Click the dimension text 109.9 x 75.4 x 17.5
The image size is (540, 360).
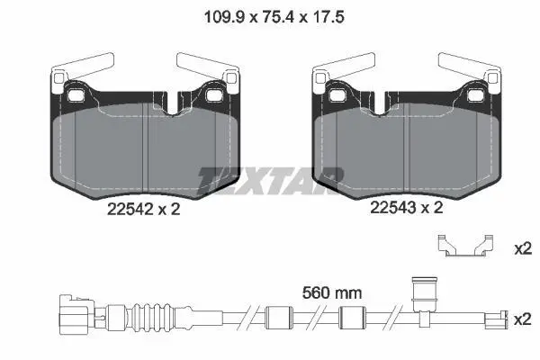pyautogui.click(x=274, y=17)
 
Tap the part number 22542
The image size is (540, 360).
pyautogui.click(x=130, y=209)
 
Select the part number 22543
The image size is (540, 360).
pyautogui.click(x=393, y=208)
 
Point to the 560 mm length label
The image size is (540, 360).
pyautogui.click(x=332, y=293)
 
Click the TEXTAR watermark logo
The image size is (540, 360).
pyautogui.click(x=270, y=181)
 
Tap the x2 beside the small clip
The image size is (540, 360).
pyautogui.click(x=523, y=248)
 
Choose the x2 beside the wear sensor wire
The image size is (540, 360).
pyautogui.click(x=523, y=320)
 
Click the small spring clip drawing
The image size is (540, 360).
pyautogui.click(x=465, y=246)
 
